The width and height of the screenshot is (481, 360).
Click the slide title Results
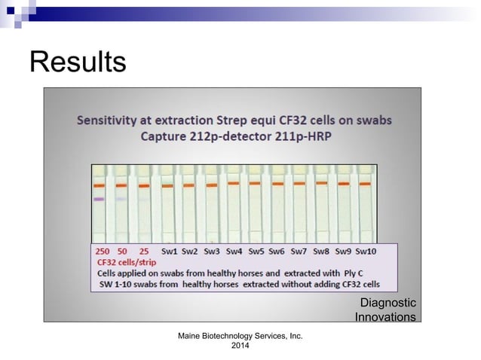click(77, 62)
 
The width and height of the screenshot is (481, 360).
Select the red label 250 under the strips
click(103, 251)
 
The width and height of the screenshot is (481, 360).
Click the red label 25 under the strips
click(144, 251)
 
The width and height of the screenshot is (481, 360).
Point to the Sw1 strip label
click(169, 251)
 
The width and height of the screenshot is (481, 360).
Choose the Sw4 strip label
click(234, 251)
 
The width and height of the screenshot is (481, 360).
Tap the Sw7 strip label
click(299, 251)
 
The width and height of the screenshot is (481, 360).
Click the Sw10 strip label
click(366, 251)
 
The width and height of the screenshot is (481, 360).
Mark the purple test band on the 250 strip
click(99, 199)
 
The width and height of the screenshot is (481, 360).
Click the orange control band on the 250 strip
click(99, 185)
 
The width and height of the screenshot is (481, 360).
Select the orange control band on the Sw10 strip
click(366, 183)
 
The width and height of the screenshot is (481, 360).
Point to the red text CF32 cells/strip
click(124, 261)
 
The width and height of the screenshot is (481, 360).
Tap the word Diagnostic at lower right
click(388, 303)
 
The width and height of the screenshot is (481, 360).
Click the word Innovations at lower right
click(384, 317)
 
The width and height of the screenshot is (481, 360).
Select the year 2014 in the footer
click(240, 346)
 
